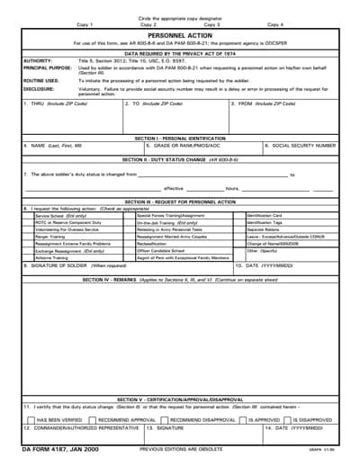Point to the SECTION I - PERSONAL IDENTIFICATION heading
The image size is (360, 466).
pyautogui.click(x=179, y=138)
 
